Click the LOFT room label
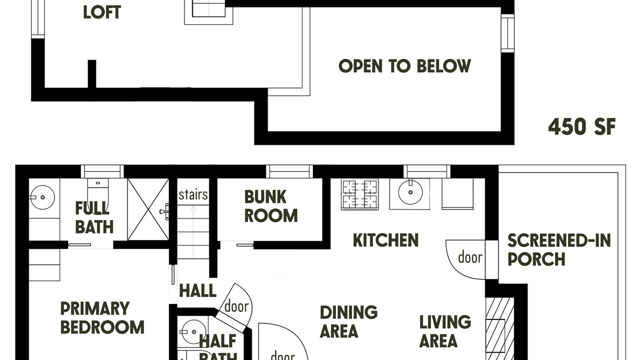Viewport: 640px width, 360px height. click(102, 12)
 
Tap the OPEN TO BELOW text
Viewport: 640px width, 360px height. click(404, 66)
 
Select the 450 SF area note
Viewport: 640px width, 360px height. click(582, 127)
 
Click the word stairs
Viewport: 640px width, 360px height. click(193, 194)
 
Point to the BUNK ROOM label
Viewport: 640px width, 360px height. click(271, 206)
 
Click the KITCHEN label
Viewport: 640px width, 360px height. click(385, 240)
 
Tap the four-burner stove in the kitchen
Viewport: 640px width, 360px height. click(360, 194)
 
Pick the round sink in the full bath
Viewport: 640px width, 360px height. click(42, 197)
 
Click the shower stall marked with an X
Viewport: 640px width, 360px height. click(148, 209)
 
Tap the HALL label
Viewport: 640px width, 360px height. click(197, 291)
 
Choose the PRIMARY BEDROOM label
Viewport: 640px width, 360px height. click(102, 317)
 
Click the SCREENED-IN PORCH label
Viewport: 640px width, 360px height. click(559, 249)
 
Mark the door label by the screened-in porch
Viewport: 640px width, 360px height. click(470, 257)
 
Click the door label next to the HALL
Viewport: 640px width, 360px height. click(236, 306)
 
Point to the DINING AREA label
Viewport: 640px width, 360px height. click(348, 321)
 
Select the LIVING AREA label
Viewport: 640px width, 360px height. click(445, 331)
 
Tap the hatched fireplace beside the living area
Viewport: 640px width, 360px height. click(499, 328)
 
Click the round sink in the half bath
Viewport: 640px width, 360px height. click(194, 331)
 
